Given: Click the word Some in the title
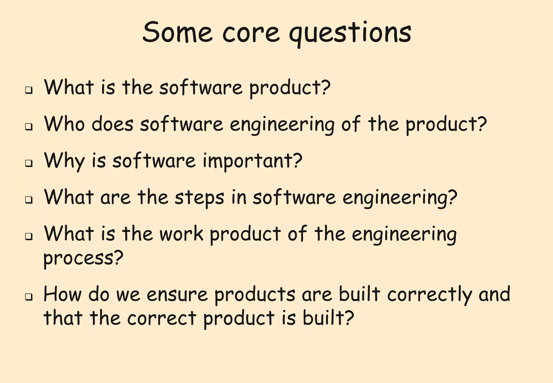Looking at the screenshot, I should pyautogui.click(x=177, y=32).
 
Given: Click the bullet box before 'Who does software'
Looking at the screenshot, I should pyautogui.click(x=29, y=126).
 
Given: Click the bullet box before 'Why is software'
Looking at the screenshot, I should pyautogui.click(x=29, y=163).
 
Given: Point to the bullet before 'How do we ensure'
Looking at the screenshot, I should pyautogui.click(x=29, y=297).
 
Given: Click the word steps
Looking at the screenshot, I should pyautogui.click(x=199, y=198).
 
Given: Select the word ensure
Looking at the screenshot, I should pyautogui.click(x=177, y=294).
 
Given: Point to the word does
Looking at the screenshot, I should pyautogui.click(x=112, y=124).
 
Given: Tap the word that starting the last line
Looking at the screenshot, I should pyautogui.click(x=63, y=318).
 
